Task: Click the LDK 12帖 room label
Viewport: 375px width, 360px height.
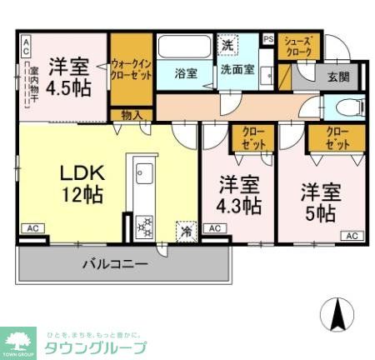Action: [x=80, y=184]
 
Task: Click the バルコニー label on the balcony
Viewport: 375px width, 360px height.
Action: [x=115, y=264]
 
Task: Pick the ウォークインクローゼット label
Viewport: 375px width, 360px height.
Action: [x=131, y=67]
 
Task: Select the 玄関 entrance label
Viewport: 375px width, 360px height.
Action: [x=337, y=77]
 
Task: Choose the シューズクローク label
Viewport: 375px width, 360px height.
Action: [x=298, y=47]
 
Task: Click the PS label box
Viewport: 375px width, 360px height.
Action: [x=267, y=38]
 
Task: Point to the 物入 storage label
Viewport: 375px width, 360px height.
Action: [x=131, y=115]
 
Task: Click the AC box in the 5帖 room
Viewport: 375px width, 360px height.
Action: [x=351, y=237]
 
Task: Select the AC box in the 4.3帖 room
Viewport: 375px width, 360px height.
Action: [x=213, y=228]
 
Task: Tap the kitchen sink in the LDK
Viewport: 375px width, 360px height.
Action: [x=140, y=176]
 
